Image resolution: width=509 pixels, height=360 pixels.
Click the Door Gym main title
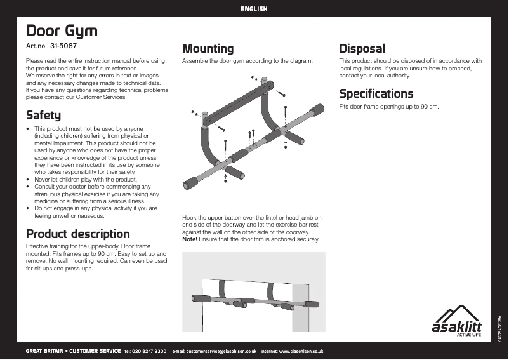coord(61,31)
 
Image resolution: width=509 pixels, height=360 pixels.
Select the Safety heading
coord(43,116)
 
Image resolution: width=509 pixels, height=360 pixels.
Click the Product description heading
coord(77,234)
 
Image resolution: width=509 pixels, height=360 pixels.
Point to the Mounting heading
coord(208,48)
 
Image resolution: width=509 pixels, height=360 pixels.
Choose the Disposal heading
coord(362,48)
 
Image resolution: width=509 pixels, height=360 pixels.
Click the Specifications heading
coord(376,94)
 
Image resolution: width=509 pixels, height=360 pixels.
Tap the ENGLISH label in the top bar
coord(254,9)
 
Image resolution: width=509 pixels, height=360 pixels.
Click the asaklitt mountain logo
coord(456,321)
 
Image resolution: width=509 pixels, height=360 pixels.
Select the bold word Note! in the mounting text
coord(190,239)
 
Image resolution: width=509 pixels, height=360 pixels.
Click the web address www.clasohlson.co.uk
coord(301,351)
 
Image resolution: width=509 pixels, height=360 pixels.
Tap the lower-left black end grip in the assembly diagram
coord(189,183)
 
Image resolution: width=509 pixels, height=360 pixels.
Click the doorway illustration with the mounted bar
coord(253,291)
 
